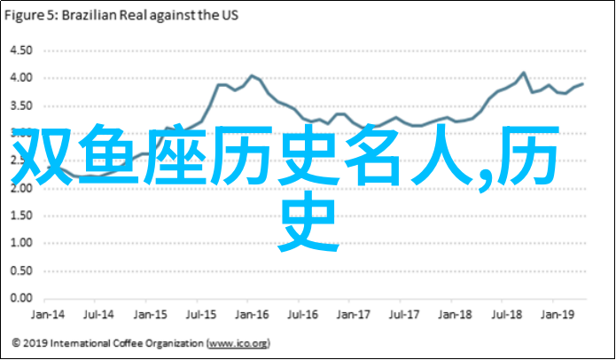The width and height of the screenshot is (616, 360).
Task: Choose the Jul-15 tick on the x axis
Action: click(203, 314)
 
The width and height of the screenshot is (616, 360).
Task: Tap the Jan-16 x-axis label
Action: click(253, 314)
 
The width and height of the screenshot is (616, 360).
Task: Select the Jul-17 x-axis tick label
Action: click(407, 314)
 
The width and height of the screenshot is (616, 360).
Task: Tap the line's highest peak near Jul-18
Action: click(524, 73)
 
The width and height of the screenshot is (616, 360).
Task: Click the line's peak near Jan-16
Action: click(252, 75)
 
